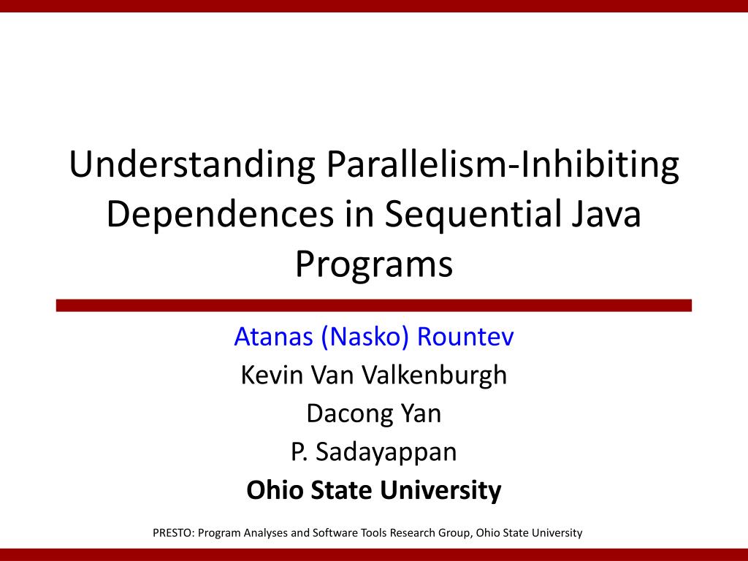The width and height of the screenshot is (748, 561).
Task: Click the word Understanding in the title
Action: point(192,165)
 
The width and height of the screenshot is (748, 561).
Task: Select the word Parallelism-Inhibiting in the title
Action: point(503,165)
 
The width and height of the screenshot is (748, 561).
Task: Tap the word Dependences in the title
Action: point(220,214)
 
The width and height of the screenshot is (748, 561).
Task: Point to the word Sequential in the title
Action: point(473,215)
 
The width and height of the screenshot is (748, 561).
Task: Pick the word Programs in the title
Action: point(374,265)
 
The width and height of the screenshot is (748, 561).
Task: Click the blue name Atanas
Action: point(273,337)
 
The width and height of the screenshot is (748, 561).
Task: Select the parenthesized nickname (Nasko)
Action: point(365,337)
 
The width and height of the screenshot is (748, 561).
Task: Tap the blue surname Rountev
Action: point(465,337)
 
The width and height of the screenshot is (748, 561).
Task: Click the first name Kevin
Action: point(272,375)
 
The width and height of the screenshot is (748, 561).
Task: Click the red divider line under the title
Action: point(374,306)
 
